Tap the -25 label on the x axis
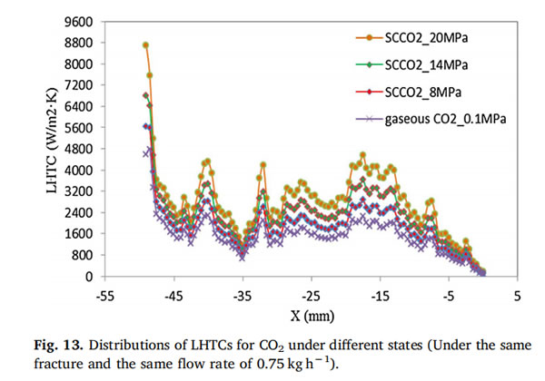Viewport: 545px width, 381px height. point(311,297)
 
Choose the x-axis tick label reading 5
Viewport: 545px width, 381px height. point(517,297)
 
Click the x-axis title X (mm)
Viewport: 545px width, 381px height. point(311,317)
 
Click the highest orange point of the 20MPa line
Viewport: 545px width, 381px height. point(145,44)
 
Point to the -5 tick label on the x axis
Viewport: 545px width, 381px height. point(448,297)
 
